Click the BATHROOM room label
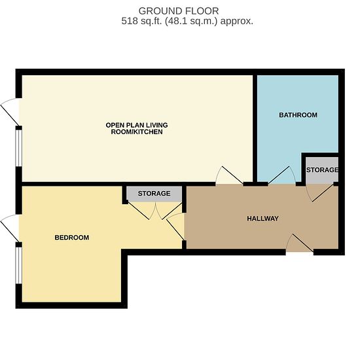click(x=298, y=115)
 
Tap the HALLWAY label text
click(x=262, y=219)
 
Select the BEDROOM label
click(x=72, y=238)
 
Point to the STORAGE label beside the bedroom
click(x=154, y=194)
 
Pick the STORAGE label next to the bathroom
click(x=322, y=170)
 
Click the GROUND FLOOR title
click(x=179, y=11)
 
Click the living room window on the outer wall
click(x=19, y=148)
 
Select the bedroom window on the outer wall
click(x=19, y=265)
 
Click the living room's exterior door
click(x=10, y=112)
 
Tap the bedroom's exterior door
click(x=10, y=228)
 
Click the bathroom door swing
click(x=282, y=175)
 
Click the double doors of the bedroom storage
click(x=155, y=211)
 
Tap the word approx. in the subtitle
click(x=237, y=21)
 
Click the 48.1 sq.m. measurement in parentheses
click(x=191, y=21)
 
